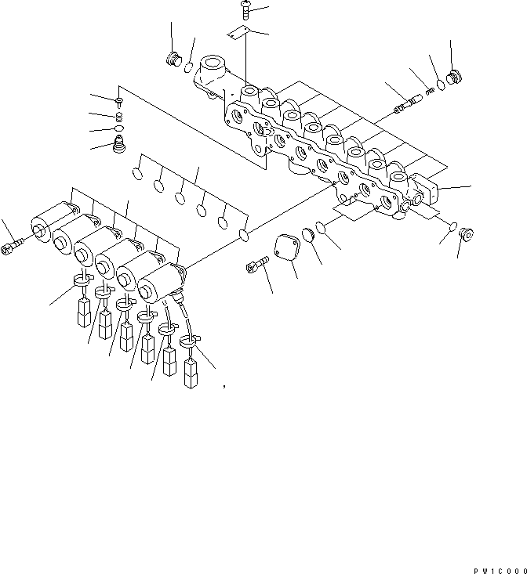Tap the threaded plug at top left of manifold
point(174,60)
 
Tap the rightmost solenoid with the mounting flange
point(162,281)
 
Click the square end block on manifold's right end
point(429,193)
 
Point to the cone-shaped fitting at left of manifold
point(120,146)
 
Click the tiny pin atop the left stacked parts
point(118,102)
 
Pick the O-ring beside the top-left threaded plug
point(189,68)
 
